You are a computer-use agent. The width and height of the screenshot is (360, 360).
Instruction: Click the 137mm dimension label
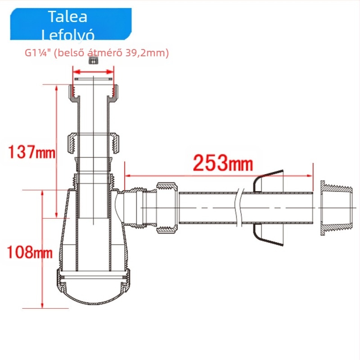[31, 152]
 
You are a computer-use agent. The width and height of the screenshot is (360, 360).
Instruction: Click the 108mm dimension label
[30, 252]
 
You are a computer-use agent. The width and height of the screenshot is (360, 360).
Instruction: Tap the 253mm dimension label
[223, 163]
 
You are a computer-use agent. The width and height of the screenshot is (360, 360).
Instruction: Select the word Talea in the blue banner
[68, 17]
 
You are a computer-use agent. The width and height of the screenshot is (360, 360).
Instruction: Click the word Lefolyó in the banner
[68, 35]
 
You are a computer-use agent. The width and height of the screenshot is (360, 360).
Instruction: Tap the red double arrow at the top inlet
[93, 72]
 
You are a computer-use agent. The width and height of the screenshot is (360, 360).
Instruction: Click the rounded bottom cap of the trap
[93, 287]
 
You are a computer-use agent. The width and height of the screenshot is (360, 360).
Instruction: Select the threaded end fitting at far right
[337, 208]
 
